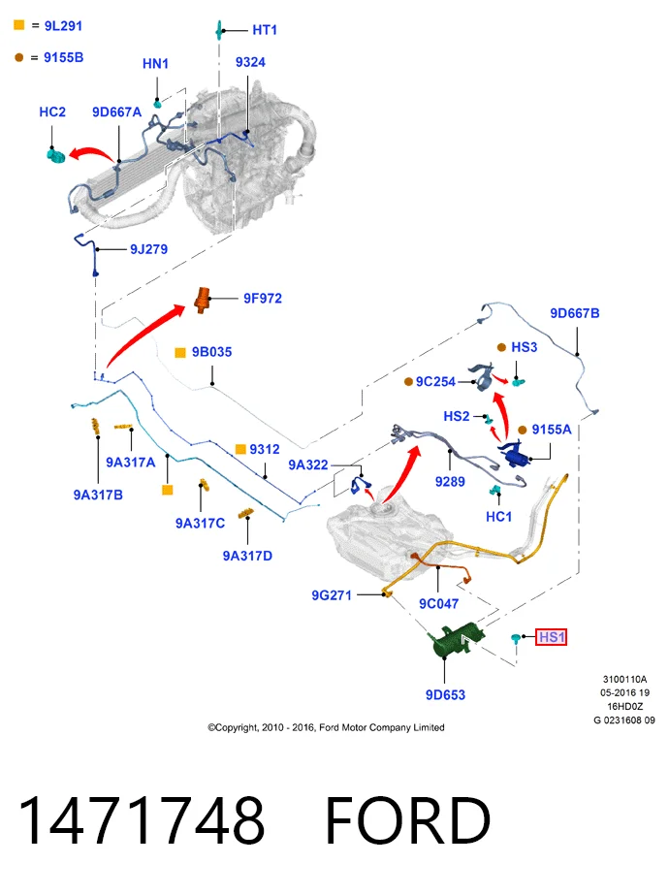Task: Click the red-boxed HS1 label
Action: coord(552,637)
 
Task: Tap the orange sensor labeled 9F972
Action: coord(203,300)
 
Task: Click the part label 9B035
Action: coord(212,352)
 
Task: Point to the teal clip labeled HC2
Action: coord(55,154)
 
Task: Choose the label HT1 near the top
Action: coord(265,30)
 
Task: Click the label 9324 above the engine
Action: coord(250,62)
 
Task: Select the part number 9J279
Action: coord(148,249)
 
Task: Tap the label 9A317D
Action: coord(247,556)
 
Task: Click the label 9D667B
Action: coord(575,313)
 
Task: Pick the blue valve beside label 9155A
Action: coord(514,454)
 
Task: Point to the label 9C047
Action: coord(439,604)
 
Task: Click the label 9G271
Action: coord(332,595)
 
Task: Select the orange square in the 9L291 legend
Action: coord(19,25)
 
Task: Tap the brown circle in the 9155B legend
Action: coord(18,57)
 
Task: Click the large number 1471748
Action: coord(142,819)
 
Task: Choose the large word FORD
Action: coord(408,819)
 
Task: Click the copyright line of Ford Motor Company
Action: coord(326,727)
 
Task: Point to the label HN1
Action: coord(155,63)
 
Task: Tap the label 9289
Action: coord(450,482)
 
